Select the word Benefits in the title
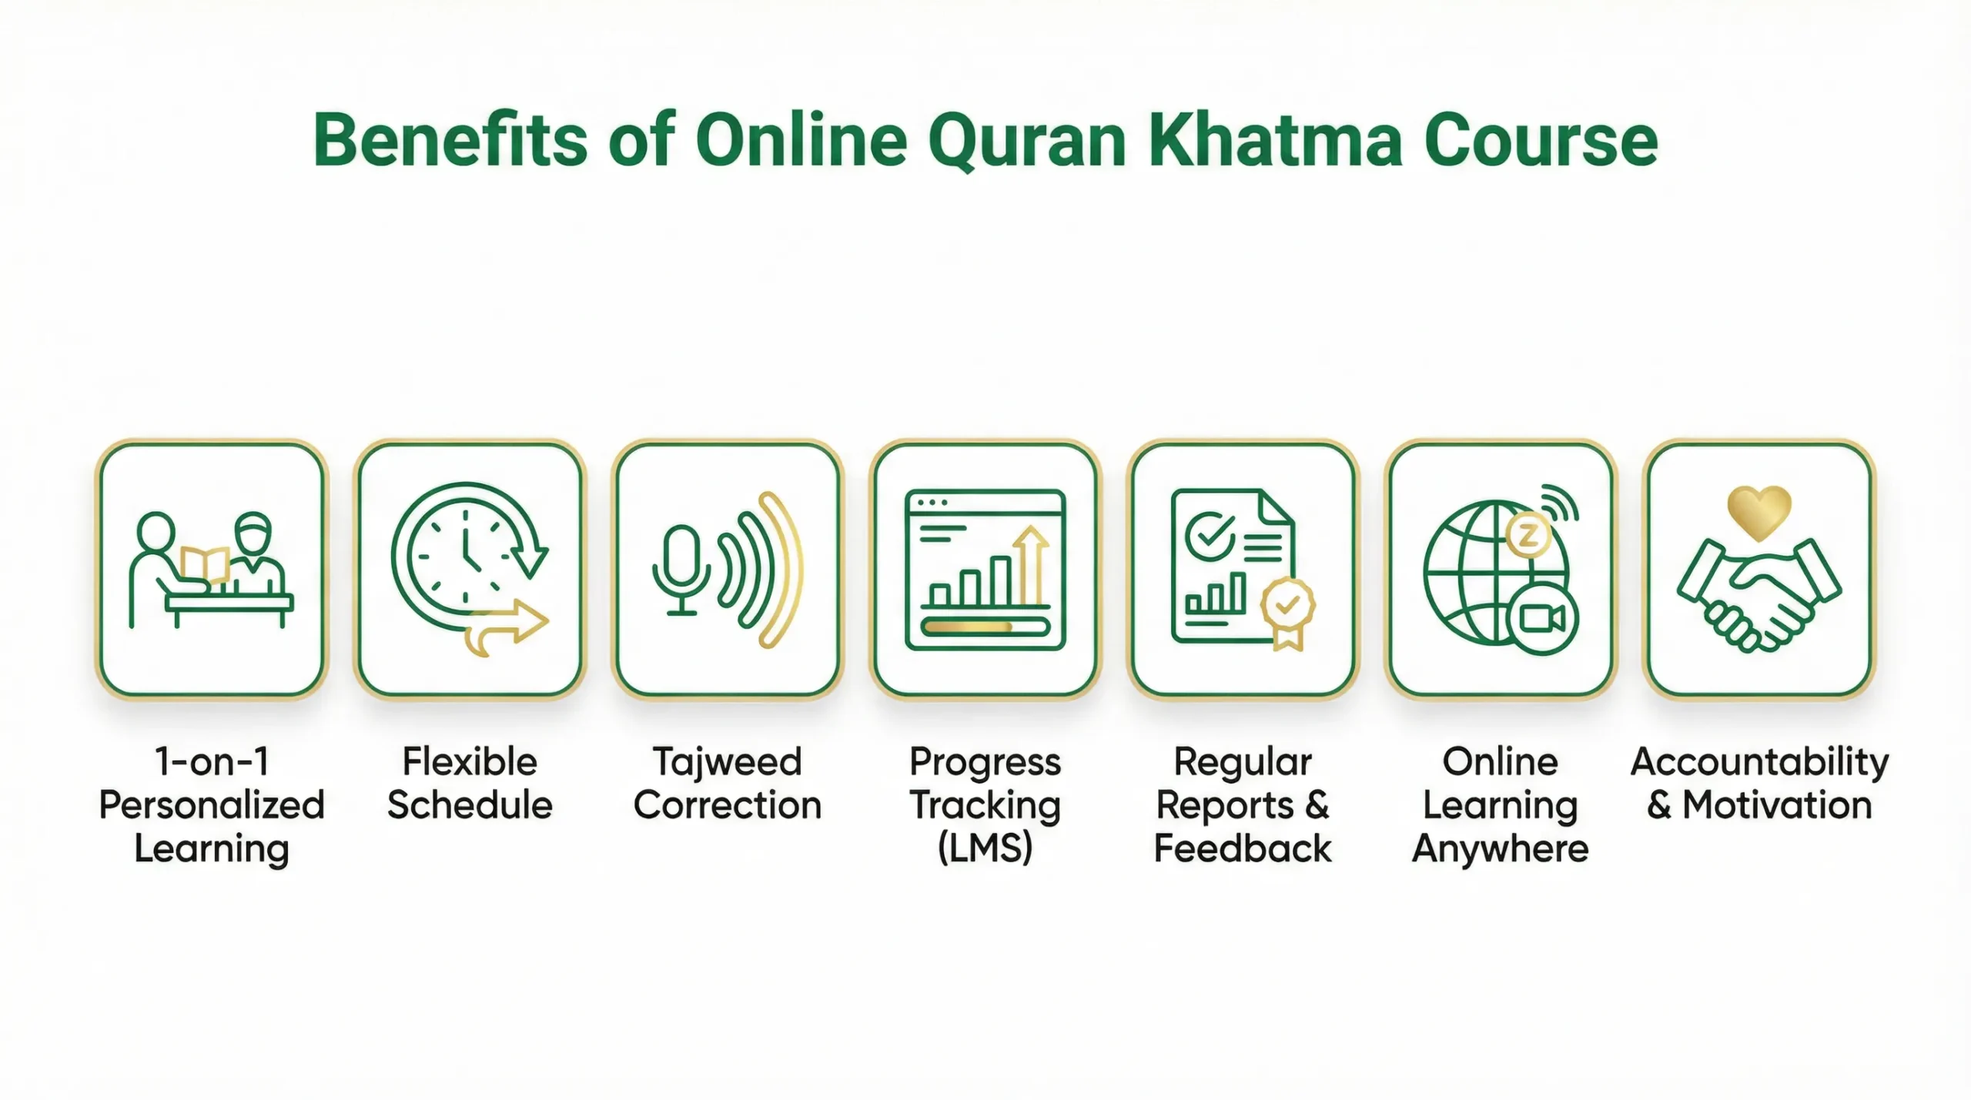450,141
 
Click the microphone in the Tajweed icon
681,566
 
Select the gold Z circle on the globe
1528,536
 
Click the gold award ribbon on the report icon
1287,612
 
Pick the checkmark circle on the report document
1210,537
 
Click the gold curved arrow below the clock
508,627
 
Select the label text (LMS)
985,848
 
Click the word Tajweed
728,762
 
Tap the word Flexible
470,762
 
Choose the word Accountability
1759,762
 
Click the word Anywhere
1500,848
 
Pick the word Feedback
1243,848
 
